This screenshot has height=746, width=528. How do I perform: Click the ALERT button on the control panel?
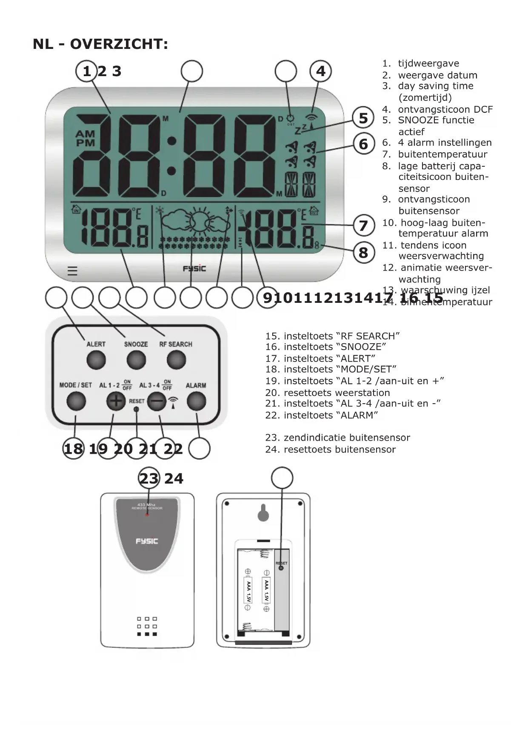96,360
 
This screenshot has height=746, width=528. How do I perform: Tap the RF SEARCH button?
176,360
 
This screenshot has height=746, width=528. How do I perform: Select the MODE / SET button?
76,401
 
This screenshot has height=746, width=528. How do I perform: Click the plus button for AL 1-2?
116,401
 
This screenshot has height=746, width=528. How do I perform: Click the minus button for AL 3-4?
157,401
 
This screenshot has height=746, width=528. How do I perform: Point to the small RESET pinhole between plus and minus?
136,409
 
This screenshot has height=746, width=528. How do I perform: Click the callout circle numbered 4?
320,71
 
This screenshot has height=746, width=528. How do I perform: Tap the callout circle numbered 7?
363,225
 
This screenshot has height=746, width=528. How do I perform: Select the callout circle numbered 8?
363,253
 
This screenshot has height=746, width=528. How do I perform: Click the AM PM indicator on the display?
86,139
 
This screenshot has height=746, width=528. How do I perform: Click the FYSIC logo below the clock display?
194,268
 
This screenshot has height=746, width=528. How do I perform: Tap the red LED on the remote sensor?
147,515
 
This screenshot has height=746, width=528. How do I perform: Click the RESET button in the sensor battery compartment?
281,568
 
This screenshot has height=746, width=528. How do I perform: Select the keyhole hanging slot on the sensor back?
263,513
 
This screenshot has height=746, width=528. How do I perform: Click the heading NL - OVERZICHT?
100,44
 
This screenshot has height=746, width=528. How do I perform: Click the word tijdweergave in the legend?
428,63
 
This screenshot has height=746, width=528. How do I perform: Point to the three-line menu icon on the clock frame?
72,271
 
